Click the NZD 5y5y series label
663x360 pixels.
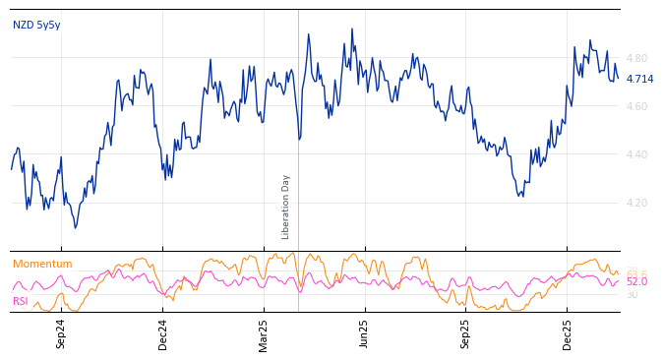36,26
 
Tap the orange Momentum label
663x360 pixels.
42,265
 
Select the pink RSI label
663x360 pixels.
21,302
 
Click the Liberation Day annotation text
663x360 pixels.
286,207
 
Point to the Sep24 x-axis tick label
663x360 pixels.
61,333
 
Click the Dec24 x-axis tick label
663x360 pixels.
163,333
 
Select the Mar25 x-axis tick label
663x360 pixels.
264,333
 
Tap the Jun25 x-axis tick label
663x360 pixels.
364,333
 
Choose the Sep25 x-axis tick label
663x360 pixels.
466,333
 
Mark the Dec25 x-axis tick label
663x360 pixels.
568,333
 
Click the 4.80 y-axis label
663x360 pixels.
636,59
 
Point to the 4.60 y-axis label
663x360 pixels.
636,107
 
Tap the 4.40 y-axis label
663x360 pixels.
636,155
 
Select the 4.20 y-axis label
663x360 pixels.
636,204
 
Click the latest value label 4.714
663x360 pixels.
639,80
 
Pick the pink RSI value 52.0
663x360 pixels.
636,282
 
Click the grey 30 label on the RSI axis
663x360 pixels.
632,295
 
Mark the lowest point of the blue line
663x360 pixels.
76,228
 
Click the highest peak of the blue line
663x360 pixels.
352,29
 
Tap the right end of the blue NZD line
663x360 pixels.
618,79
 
